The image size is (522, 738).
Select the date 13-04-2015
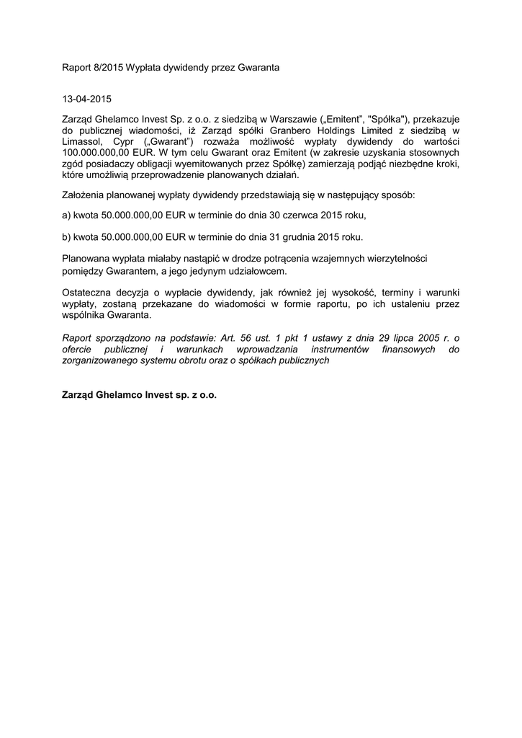pos(87,98)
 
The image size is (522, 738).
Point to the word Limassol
pos(82,142)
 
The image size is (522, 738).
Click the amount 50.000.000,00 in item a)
pos(133,215)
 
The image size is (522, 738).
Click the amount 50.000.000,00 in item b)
pos(133,236)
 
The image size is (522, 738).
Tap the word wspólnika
pos(86,315)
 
